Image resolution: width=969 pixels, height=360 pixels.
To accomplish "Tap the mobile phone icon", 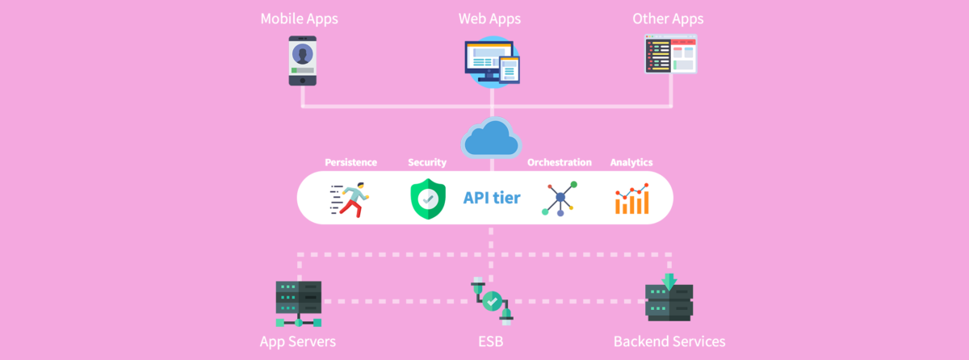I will click(x=303, y=61).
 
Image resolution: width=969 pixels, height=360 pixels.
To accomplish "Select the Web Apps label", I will click(x=490, y=18).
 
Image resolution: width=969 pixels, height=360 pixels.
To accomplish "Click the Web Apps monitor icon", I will click(x=489, y=61).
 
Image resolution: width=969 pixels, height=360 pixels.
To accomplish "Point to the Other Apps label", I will click(x=668, y=18).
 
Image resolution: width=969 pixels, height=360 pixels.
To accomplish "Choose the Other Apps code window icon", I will click(x=669, y=55).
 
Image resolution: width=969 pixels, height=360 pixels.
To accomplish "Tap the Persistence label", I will click(x=350, y=162).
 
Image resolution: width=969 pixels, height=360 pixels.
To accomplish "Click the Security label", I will click(x=427, y=162).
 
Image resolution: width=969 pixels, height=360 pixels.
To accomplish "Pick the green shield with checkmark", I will click(x=428, y=199).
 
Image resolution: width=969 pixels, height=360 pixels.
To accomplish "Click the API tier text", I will click(x=492, y=198).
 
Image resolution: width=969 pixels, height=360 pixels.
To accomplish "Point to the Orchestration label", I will click(x=559, y=162).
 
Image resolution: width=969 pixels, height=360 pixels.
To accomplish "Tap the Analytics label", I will click(x=631, y=162).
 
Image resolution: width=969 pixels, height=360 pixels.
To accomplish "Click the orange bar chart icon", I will click(x=631, y=199).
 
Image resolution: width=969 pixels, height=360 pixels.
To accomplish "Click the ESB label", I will click(x=490, y=341).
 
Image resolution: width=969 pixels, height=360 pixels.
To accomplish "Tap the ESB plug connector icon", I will click(x=491, y=300).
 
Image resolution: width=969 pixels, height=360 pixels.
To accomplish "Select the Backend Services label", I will click(x=669, y=341).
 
